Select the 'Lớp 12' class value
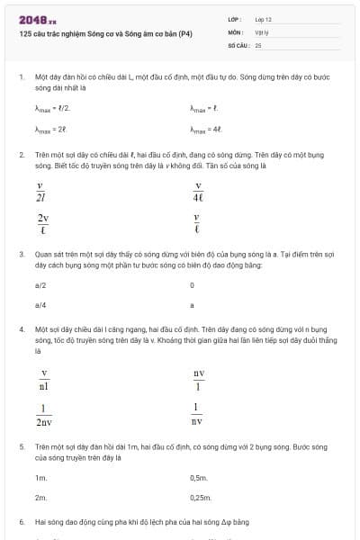(x=263, y=18)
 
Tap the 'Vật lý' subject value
(x=262, y=31)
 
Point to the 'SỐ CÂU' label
(x=238, y=44)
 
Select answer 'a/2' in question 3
(x=40, y=284)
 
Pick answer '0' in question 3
(x=193, y=284)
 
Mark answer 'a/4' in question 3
(x=40, y=305)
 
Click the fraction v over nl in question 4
(x=44, y=379)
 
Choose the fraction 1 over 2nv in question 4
(x=44, y=413)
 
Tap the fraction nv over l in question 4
(x=198, y=379)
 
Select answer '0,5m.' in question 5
(x=200, y=477)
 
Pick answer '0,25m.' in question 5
(x=201, y=497)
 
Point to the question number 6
(x=21, y=521)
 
